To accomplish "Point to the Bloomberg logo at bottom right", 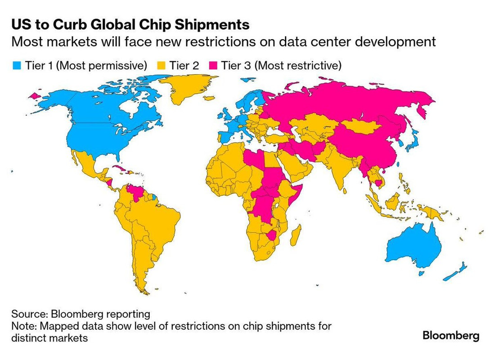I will [451, 335].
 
